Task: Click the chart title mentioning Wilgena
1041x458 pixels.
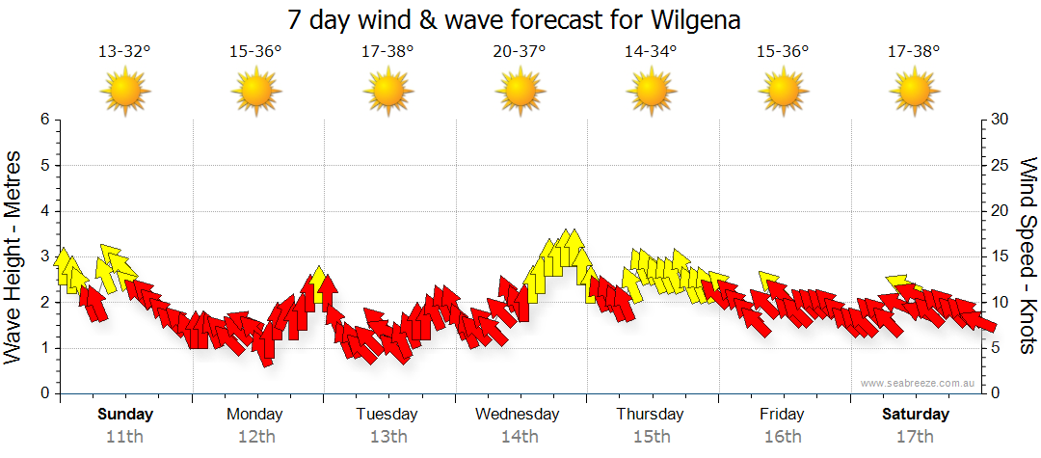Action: (x=514, y=20)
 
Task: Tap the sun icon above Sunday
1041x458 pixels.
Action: (x=124, y=92)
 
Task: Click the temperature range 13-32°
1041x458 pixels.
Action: (x=124, y=51)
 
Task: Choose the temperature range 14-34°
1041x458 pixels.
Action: (x=651, y=51)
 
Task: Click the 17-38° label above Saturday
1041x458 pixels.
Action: (x=914, y=51)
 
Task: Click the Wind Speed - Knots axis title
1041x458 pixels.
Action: (x=1027, y=256)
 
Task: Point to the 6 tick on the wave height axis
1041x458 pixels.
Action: (x=43, y=120)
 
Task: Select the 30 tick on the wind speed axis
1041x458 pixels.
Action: (x=1000, y=120)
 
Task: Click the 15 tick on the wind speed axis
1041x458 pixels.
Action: (x=1000, y=256)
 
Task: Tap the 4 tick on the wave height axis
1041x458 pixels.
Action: (x=43, y=211)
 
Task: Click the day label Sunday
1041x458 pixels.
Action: (x=124, y=415)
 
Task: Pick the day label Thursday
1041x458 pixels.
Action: (x=651, y=415)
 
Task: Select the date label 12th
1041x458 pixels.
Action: (x=255, y=436)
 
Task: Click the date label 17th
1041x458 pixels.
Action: (x=914, y=436)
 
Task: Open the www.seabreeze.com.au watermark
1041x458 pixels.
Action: (x=919, y=383)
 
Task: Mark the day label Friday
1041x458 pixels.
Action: (x=782, y=415)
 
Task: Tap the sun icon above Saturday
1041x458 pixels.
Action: (x=914, y=92)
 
